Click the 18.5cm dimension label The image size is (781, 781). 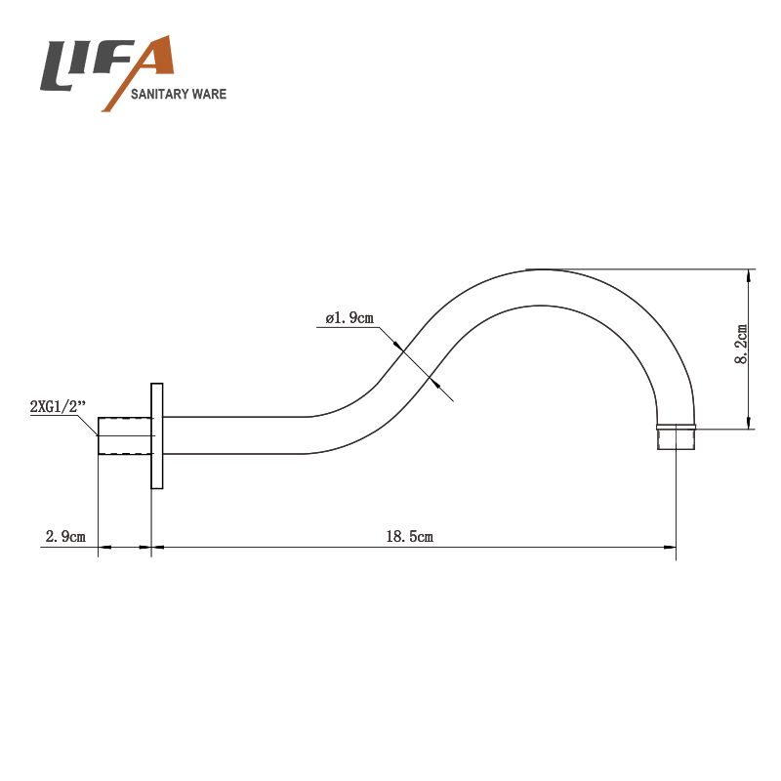click(x=409, y=536)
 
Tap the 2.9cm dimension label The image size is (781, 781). click(x=65, y=536)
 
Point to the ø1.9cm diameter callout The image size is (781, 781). click(x=349, y=317)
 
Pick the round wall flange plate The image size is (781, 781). click(x=157, y=435)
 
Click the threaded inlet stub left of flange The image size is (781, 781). click(x=126, y=435)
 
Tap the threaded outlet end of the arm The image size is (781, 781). click(x=675, y=436)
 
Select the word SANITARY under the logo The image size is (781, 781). click(x=162, y=95)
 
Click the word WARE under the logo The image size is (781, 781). click(x=210, y=95)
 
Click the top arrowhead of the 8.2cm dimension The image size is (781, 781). click(x=750, y=275)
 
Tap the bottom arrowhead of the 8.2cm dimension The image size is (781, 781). click(x=750, y=421)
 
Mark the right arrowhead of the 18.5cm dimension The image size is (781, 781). click(x=670, y=547)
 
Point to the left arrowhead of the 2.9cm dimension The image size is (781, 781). click(x=106, y=547)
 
